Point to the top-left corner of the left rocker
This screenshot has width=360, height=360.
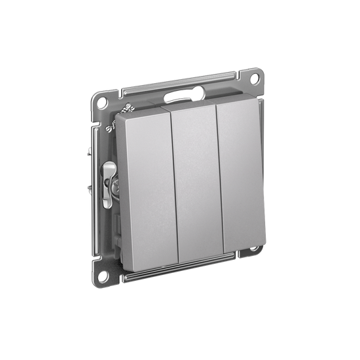click(x=122, y=117)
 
